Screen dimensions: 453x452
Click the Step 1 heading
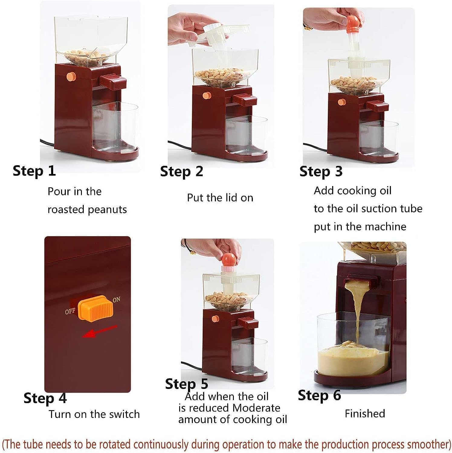click(x=34, y=171)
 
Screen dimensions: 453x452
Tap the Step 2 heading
click(x=182, y=172)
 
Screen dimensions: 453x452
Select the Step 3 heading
click(x=321, y=172)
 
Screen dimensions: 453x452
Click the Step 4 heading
click(x=45, y=398)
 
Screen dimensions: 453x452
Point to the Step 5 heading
click(x=186, y=384)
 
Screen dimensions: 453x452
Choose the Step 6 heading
click(x=319, y=395)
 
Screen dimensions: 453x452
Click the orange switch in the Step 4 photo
click(x=95, y=310)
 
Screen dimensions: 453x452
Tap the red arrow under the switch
click(x=100, y=332)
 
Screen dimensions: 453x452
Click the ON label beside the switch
click(x=116, y=300)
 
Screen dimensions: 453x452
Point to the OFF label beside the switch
click(x=70, y=311)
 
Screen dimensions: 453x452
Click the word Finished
click(x=365, y=413)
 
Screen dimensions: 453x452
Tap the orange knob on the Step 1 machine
click(x=71, y=76)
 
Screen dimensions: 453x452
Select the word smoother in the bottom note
click(x=429, y=444)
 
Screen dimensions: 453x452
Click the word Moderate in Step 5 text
click(x=257, y=408)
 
